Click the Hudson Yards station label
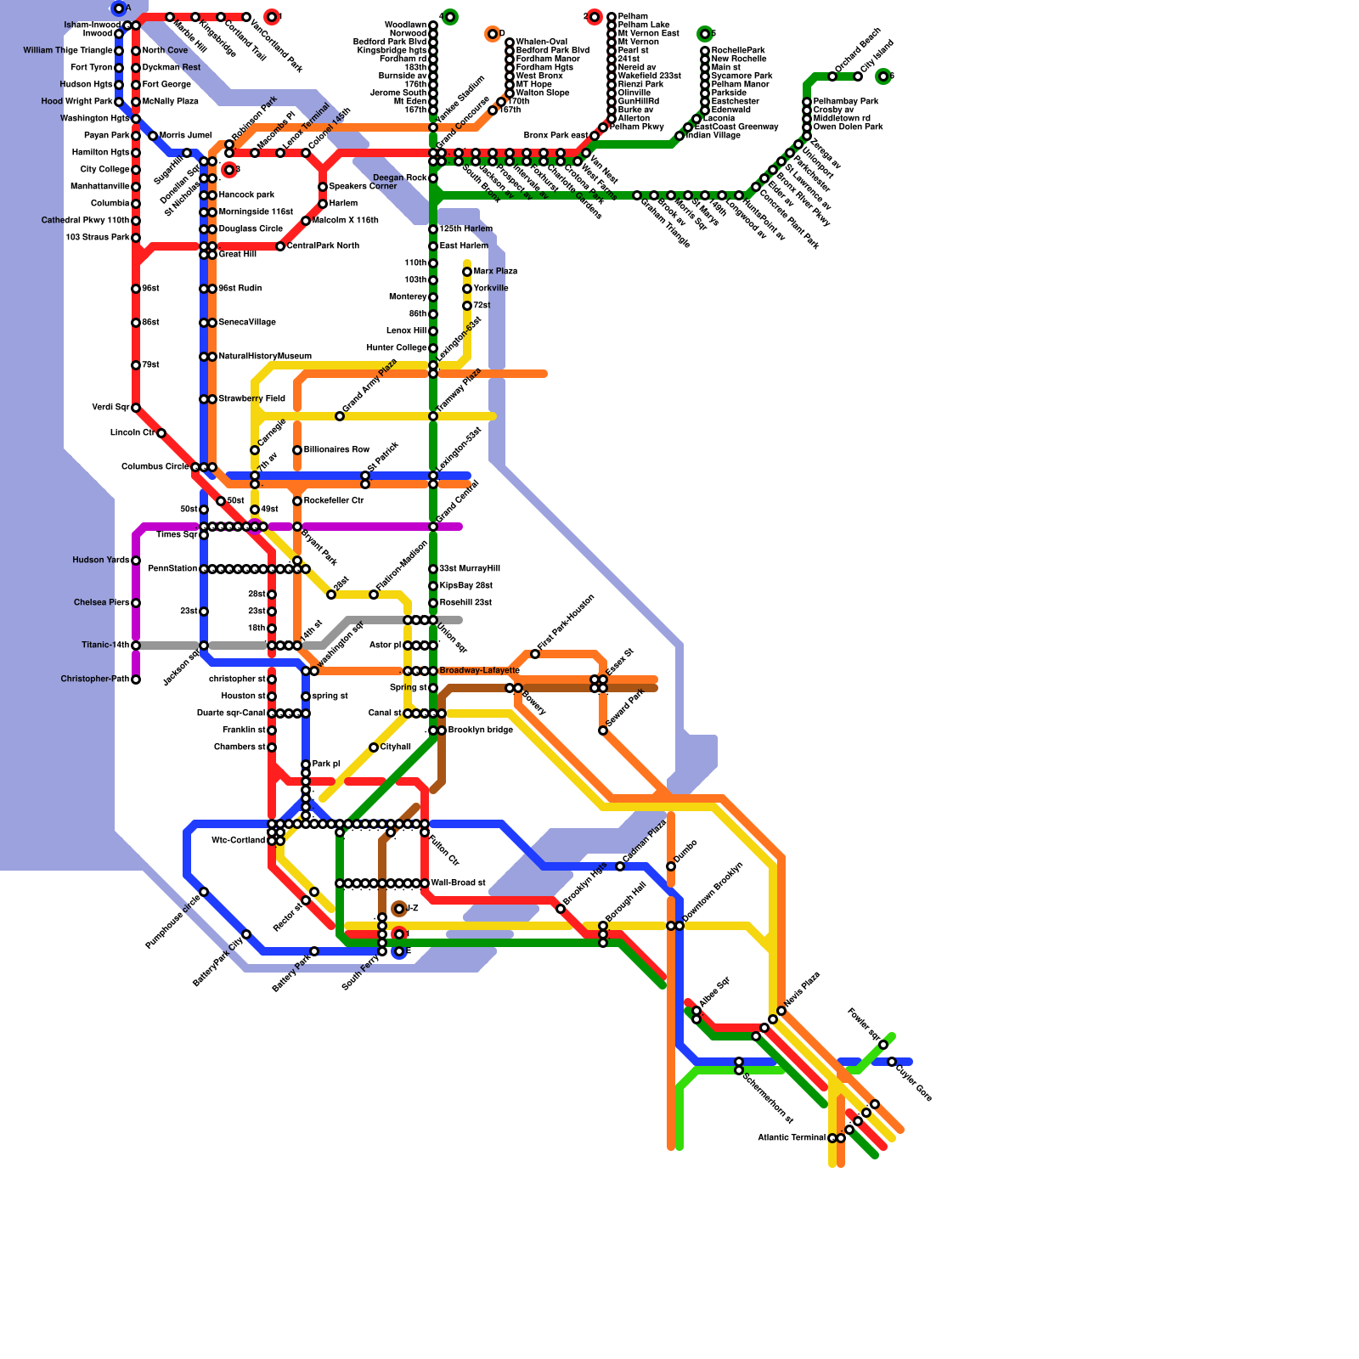[x=101, y=561]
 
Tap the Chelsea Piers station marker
[x=136, y=603]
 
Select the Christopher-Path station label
[x=95, y=679]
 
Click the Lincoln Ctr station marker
[x=161, y=433]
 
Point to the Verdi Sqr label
[x=110, y=408]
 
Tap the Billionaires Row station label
[x=337, y=450]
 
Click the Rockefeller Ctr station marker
[x=297, y=501]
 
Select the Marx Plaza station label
[x=495, y=272]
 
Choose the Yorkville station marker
[x=467, y=289]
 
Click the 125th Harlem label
[x=466, y=229]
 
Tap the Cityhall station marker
[x=374, y=747]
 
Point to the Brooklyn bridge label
[x=481, y=730]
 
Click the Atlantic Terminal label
[x=792, y=1138]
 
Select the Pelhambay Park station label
[x=846, y=102]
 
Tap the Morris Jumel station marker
[x=153, y=136]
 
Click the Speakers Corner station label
[x=363, y=187]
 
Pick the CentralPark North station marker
[x=280, y=246]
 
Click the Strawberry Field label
[x=252, y=399]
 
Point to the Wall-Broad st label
[x=459, y=883]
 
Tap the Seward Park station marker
[x=603, y=730]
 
